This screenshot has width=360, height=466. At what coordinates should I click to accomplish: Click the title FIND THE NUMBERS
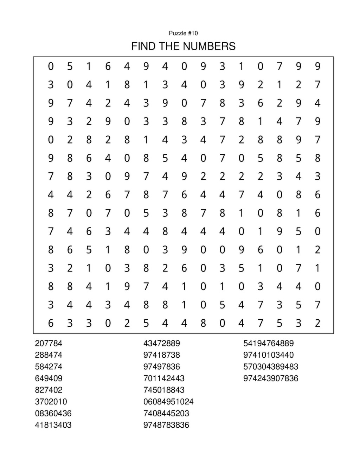183,46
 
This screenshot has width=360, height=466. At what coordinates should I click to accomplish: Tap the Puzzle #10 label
183,33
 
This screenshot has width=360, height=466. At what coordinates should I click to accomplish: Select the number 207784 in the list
49,343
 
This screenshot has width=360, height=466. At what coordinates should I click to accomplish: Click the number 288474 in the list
49,355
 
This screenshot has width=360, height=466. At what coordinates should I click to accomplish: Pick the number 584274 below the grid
49,366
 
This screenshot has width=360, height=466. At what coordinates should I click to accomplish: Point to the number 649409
49,378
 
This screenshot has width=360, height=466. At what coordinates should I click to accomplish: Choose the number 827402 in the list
49,390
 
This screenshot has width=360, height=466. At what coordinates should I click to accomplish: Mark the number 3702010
51,402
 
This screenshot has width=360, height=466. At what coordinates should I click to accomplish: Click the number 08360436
53,413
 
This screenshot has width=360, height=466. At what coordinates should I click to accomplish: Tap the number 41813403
53,425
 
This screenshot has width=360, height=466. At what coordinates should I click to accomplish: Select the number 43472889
161,343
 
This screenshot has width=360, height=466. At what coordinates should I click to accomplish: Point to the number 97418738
161,355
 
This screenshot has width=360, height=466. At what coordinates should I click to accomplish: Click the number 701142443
164,378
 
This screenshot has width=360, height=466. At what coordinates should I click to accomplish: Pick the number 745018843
164,390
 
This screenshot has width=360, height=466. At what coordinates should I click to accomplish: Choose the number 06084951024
168,402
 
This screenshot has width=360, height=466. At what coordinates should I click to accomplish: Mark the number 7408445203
166,413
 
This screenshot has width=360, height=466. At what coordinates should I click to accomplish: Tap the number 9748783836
166,425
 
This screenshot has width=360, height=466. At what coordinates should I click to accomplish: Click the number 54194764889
268,343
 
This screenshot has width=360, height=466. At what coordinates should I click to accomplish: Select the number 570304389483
271,366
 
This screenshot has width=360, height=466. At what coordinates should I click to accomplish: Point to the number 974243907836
271,378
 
